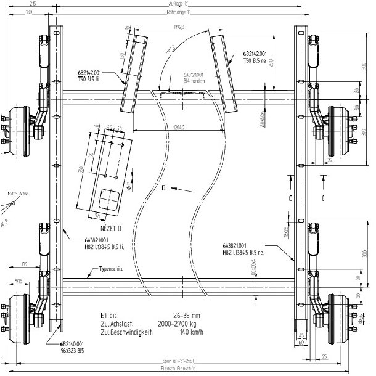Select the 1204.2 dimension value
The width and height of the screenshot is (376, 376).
[177, 128]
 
